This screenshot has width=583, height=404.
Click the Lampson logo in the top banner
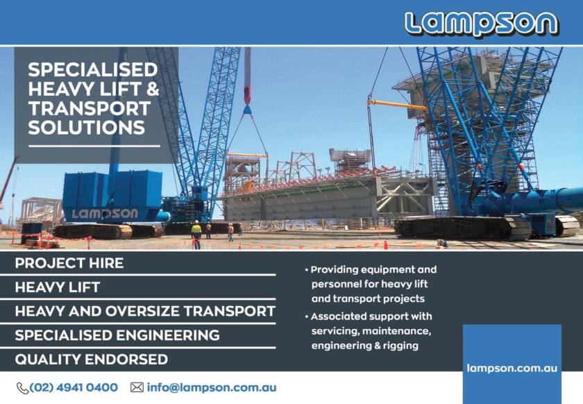(481, 23)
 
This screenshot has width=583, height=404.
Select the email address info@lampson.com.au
(212, 387)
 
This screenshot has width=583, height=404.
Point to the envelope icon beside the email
(137, 387)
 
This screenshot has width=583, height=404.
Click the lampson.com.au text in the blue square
(512, 368)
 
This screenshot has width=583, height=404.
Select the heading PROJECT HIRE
(69, 263)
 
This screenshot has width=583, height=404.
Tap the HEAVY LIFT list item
(58, 287)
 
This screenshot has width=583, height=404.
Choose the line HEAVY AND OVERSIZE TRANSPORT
(145, 311)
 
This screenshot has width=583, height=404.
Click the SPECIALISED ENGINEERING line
(117, 335)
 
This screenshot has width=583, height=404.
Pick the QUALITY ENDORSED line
(91, 360)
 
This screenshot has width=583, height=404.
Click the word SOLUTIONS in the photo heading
(87, 128)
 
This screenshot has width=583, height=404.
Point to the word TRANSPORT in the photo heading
(89, 108)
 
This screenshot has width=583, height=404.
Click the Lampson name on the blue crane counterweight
(105, 214)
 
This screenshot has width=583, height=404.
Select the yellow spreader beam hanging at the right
(397, 105)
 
